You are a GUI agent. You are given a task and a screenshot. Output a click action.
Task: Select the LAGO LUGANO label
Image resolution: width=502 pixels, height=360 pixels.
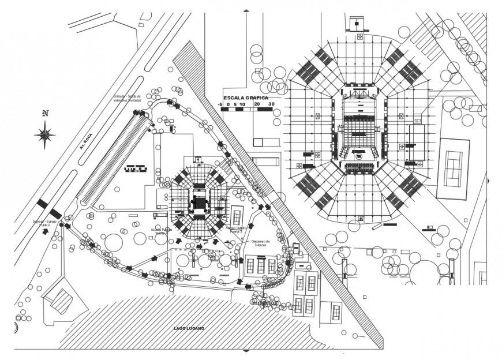pyautogui.click(x=189, y=328)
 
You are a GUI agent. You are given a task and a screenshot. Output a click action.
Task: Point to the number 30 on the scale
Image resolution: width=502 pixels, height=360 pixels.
pyautogui.click(x=271, y=104)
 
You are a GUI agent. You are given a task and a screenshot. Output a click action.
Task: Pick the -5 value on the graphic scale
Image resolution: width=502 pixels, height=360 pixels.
pyautogui.click(x=222, y=104)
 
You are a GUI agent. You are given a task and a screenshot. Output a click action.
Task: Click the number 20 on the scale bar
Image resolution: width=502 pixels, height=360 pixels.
pyautogui.click(x=257, y=104)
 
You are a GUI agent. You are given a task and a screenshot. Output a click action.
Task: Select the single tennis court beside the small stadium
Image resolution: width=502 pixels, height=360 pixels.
pyautogui.click(x=237, y=217)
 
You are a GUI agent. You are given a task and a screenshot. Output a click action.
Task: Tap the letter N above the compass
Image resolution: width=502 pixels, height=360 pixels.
pyautogui.click(x=45, y=114)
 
